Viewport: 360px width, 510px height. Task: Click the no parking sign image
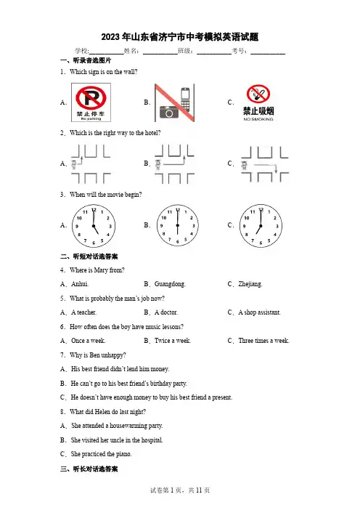(91, 102)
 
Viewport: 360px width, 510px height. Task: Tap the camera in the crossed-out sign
(169, 112)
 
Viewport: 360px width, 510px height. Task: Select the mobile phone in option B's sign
(185, 100)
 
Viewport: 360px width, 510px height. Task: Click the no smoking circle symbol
(258, 94)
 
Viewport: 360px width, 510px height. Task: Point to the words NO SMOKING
(258, 119)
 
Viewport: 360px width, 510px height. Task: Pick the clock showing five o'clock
(94, 226)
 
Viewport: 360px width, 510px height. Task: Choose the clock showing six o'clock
(177, 225)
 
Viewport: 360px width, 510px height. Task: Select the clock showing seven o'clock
(261, 226)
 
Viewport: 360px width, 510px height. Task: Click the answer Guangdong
(170, 284)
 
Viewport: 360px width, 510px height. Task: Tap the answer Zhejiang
(250, 284)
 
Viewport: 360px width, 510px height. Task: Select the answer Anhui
(80, 284)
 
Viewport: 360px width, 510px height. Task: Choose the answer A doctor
(166, 312)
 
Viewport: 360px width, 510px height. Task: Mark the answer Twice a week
(173, 341)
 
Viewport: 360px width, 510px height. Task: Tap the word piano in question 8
(123, 454)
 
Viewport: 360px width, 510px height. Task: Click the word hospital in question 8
(152, 440)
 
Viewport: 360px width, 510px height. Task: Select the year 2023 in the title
(110, 37)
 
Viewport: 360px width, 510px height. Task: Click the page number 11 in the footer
(199, 490)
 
